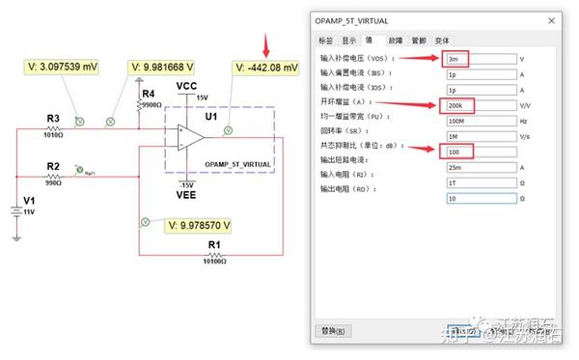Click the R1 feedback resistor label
pos(214,243)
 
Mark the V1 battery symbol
pos(16,211)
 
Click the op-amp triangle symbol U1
pos(189,138)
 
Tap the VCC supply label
pos(187,86)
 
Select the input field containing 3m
pos(480,59)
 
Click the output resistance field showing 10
pos(480,198)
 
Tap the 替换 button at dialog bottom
pos(332,331)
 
